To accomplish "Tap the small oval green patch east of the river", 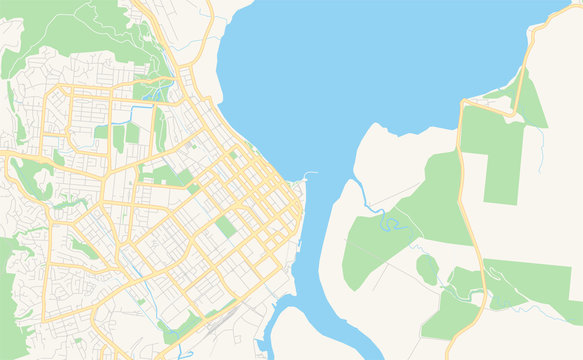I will (x=427, y=269).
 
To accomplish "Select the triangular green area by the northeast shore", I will (x=530, y=106).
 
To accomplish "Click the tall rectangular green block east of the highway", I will (x=503, y=165).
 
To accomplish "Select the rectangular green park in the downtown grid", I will (x=226, y=227).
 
